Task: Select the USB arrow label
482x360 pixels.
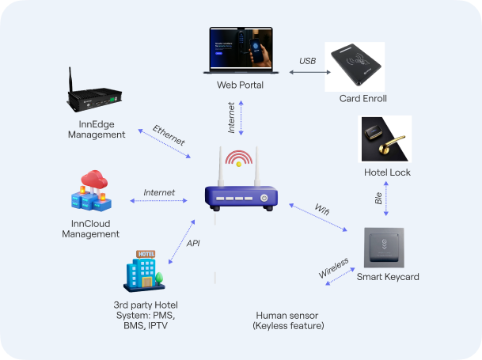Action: click(x=307, y=62)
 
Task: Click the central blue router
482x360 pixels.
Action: click(x=241, y=194)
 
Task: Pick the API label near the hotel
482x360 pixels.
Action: click(x=192, y=243)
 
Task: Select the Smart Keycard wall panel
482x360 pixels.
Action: click(x=388, y=246)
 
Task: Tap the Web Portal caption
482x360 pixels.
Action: click(x=240, y=85)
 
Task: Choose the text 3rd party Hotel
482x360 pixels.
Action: click(x=146, y=305)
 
